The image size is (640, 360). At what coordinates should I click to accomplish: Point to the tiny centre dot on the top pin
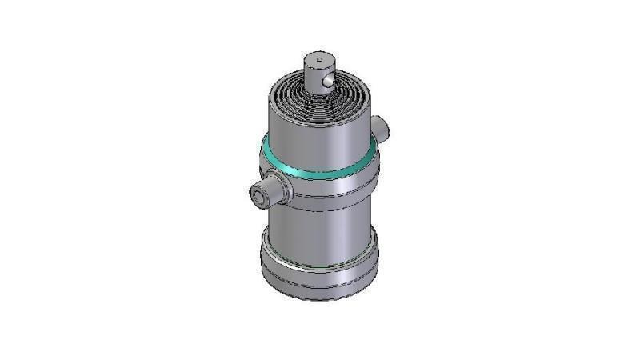pyautogui.click(x=318, y=58)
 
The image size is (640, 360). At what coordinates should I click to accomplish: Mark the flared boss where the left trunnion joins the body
pyautogui.click(x=282, y=190)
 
